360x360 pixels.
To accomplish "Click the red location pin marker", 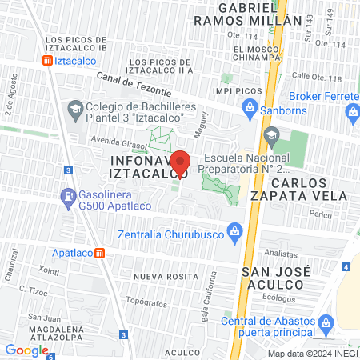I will pyautogui.click(x=181, y=163).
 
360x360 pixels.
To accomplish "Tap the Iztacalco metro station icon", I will pyautogui.click(x=48, y=60).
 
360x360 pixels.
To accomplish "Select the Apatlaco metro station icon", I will pyautogui.click(x=100, y=253).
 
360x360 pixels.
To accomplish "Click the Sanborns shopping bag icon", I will pyautogui.click(x=250, y=106).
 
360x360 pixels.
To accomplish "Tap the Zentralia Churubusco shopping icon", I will pyautogui.click(x=235, y=234).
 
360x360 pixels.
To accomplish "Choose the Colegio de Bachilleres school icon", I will pyautogui.click(x=74, y=108).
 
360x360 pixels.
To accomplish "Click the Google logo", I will pyautogui.click(x=26, y=350).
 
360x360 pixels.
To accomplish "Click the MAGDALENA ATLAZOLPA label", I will pyautogui.click(x=60, y=334).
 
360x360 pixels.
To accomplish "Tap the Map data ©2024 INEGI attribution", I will pyautogui.click(x=312, y=354).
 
